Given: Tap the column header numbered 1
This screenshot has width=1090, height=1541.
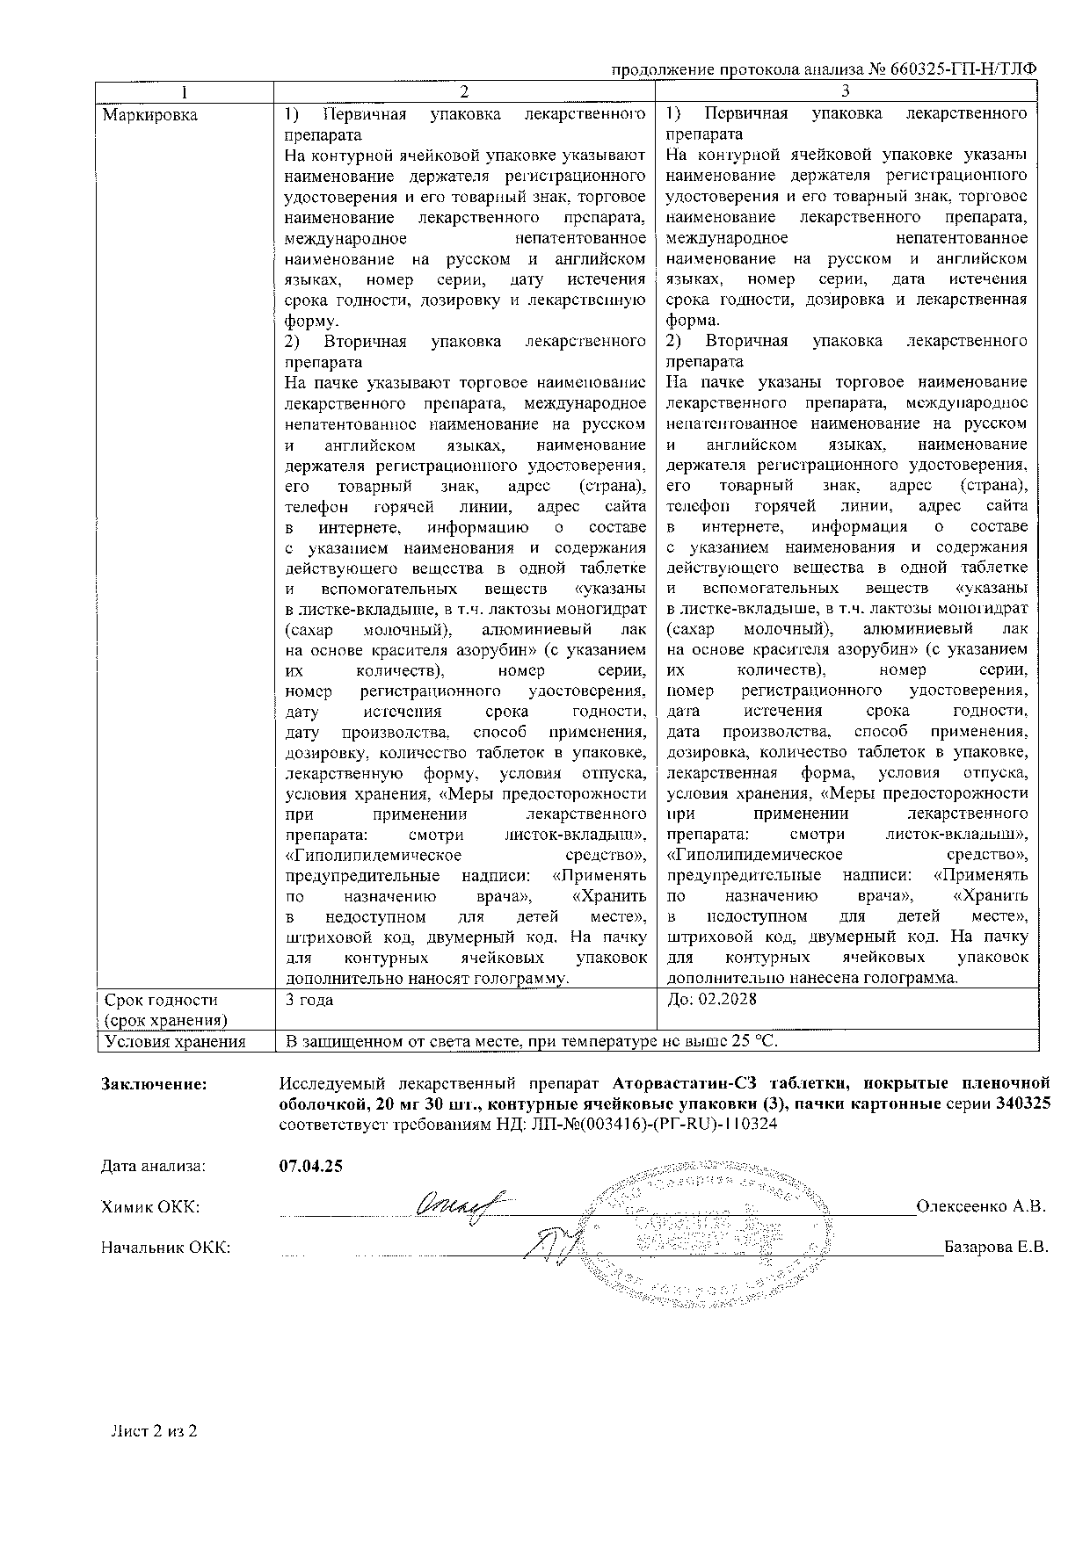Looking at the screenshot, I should (185, 91).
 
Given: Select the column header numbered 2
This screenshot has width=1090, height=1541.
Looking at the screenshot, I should (465, 91).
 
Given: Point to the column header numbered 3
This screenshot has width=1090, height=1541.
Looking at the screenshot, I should (847, 91).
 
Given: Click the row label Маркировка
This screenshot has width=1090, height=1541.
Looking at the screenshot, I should (150, 115).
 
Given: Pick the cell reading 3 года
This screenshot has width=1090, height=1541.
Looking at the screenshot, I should (309, 1000).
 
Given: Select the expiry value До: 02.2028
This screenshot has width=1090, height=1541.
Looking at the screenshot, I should (712, 1000).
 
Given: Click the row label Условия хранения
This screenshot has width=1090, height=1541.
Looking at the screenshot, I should (174, 1041).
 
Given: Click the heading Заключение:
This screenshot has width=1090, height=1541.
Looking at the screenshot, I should (155, 1084).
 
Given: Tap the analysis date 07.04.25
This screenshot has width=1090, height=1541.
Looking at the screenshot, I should (310, 1167).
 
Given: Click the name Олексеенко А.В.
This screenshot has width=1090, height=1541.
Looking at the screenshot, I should (981, 1206).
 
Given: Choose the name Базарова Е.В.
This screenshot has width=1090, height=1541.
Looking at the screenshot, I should (996, 1248).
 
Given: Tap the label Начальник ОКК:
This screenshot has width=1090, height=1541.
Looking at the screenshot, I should (166, 1248).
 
